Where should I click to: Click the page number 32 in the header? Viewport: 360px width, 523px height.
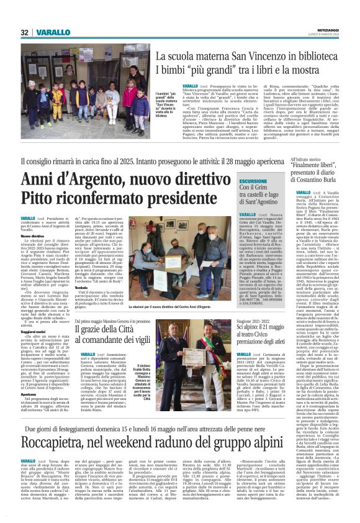(25, 32)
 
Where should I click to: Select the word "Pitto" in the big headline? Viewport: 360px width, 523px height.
(41, 198)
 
